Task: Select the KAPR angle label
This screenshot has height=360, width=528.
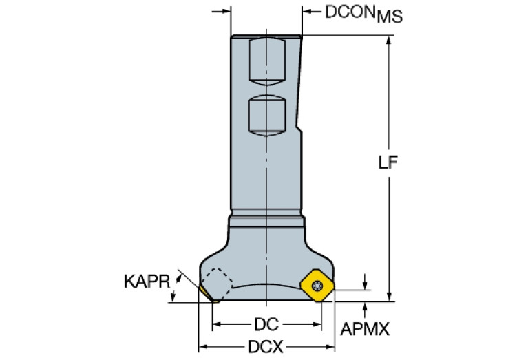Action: click(x=145, y=281)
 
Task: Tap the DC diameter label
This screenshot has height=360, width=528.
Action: click(x=266, y=324)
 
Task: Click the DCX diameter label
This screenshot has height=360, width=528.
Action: click(x=266, y=347)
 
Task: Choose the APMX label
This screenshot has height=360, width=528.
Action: click(x=363, y=329)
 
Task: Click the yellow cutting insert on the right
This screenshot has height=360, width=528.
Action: click(x=317, y=284)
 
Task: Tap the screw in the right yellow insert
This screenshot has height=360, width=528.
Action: click(x=317, y=285)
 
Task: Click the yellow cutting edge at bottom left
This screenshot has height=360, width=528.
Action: click(x=207, y=295)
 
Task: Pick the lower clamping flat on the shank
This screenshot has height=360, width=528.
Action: click(x=265, y=114)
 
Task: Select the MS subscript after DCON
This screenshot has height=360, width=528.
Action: click(x=392, y=17)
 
